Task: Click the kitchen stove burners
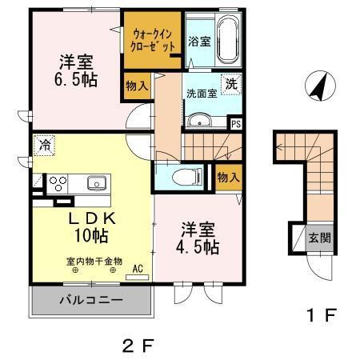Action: coord(58,182)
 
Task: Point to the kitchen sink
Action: coord(97,182)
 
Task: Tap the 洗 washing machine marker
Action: coord(230,83)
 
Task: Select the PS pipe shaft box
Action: coord(235,123)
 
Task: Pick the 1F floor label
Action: coord(320,314)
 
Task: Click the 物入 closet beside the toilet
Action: coord(228,177)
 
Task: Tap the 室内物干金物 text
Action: coord(94,261)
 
